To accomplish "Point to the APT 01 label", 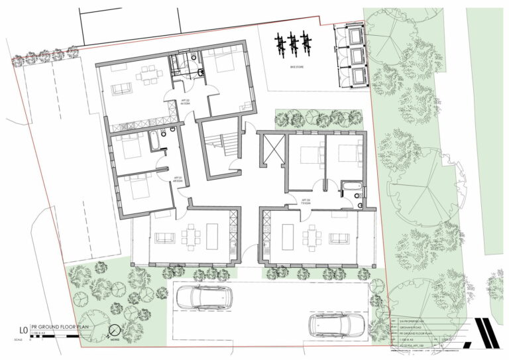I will point(178,180).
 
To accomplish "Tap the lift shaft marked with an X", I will point(272,146).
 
